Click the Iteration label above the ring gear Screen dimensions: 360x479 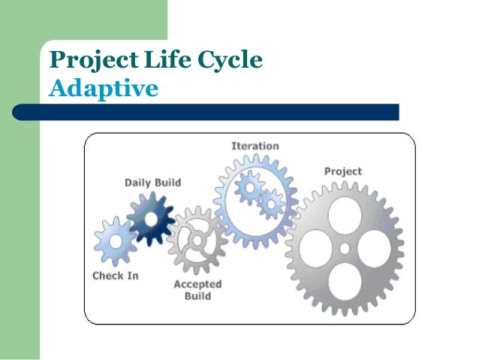point(255,146)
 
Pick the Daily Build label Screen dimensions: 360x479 point(152,183)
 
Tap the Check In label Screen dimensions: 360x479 point(115,276)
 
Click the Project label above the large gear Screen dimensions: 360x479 point(342,171)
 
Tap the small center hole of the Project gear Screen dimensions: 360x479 point(344,249)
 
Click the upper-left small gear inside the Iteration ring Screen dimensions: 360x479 point(248,186)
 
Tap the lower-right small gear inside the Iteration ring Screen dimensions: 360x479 point(270,202)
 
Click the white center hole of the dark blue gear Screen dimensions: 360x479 point(150,218)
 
